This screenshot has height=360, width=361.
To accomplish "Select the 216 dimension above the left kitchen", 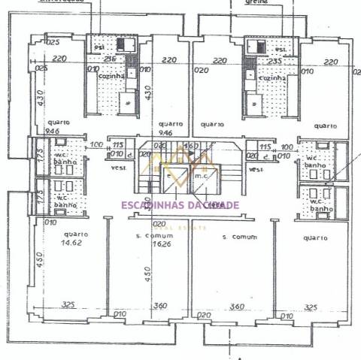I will coord(109,59).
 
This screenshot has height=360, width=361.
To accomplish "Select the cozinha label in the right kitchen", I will coord(272,77).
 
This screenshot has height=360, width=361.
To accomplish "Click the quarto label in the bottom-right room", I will coord(316,238).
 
